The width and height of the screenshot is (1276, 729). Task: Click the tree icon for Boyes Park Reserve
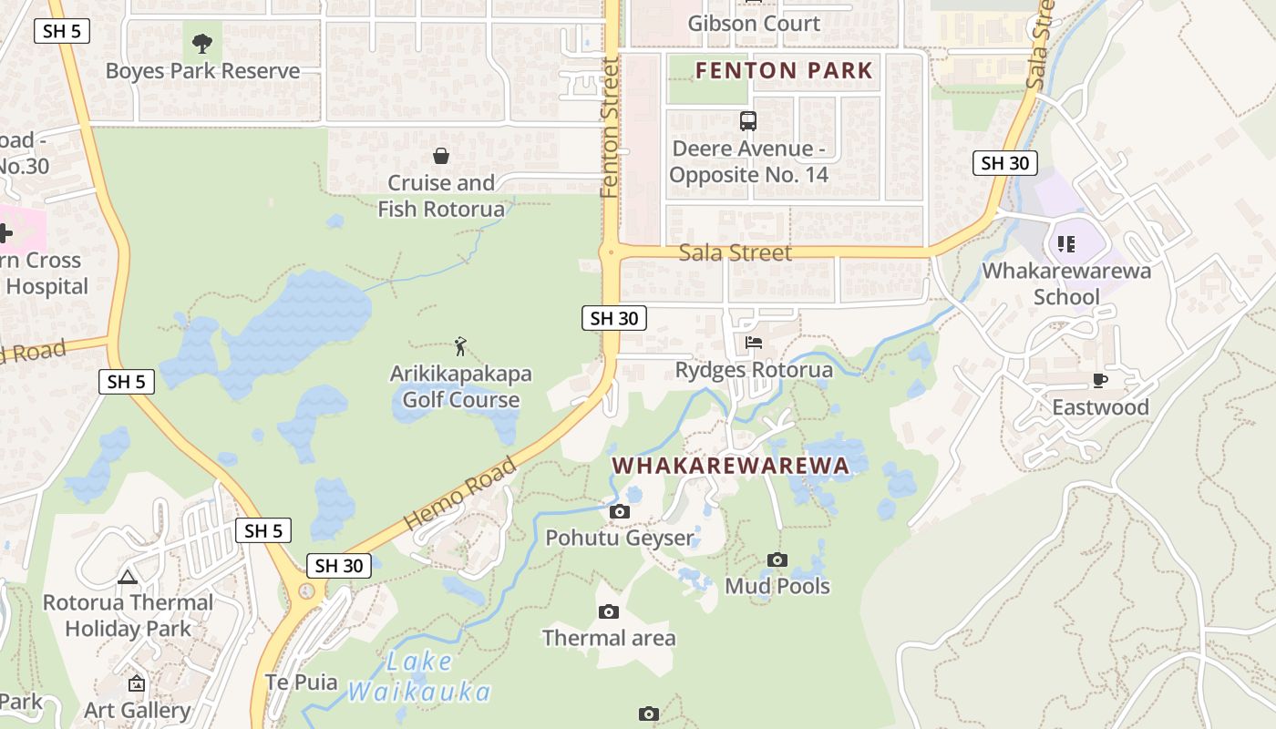pyautogui.click(x=202, y=42)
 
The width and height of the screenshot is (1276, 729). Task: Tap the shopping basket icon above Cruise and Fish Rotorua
pyautogui.click(x=441, y=156)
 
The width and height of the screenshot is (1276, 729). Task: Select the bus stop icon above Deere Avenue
pyautogui.click(x=748, y=120)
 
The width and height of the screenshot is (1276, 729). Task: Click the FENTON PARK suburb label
pyautogui.click(x=784, y=70)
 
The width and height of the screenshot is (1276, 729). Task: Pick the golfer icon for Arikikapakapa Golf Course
pyautogui.click(x=460, y=346)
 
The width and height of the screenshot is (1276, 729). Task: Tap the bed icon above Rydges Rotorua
pyautogui.click(x=754, y=343)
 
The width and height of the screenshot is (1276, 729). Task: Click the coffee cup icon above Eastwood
pyautogui.click(x=1100, y=380)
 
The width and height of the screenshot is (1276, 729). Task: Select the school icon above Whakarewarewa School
pyautogui.click(x=1066, y=243)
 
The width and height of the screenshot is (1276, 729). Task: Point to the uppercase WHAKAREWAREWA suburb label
pyautogui.click(x=730, y=466)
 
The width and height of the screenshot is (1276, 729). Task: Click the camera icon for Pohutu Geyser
pyautogui.click(x=620, y=511)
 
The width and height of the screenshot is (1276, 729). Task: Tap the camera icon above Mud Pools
pyautogui.click(x=777, y=560)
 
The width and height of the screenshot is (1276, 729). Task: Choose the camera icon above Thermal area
pyautogui.click(x=609, y=611)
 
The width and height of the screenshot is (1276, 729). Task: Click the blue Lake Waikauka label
pyautogui.click(x=419, y=676)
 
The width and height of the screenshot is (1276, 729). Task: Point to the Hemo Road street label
pyautogui.click(x=460, y=493)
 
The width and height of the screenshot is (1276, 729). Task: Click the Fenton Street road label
pyautogui.click(x=610, y=128)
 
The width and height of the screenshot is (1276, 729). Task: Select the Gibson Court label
pyautogui.click(x=754, y=23)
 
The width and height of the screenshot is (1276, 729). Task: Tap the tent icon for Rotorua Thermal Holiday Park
pyautogui.click(x=128, y=576)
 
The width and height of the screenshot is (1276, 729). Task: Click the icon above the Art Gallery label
pyautogui.click(x=137, y=683)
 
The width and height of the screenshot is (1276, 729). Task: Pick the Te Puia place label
pyautogui.click(x=301, y=682)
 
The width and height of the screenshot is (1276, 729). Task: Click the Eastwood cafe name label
pyautogui.click(x=1100, y=407)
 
